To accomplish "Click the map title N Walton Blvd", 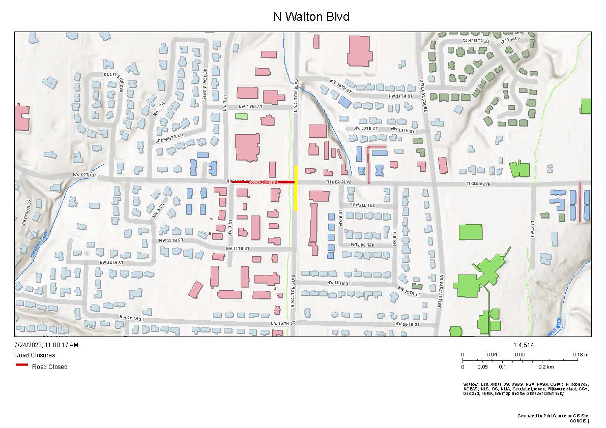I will [311, 17].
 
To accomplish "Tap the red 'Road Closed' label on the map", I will [263, 182].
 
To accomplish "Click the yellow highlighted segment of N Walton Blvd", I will [296, 188].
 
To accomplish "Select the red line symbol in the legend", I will [21, 365].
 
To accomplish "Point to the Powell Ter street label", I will [362, 205].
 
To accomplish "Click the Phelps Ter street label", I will [362, 244].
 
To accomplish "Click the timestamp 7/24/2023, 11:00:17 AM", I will [46, 345].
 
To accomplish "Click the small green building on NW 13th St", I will [241, 116].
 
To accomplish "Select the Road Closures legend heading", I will [35, 355].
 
